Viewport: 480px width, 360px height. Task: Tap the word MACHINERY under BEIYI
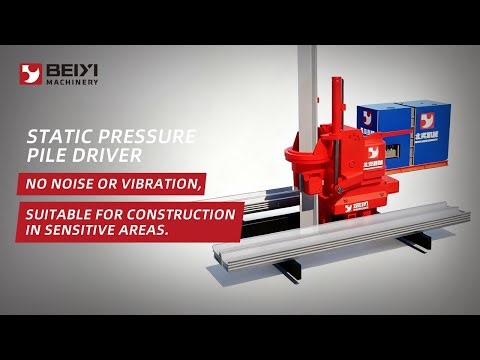point(73,84)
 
